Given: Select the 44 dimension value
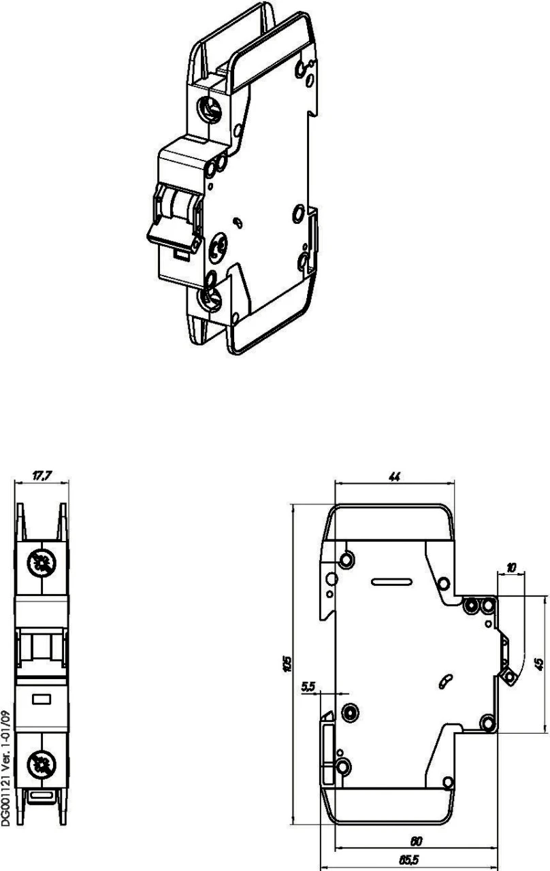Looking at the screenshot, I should point(393,477).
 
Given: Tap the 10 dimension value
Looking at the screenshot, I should point(511,567).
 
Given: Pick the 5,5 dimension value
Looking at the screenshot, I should point(308,687).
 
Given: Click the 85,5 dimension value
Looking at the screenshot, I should point(409,859).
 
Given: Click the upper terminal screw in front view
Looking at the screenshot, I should point(42,562).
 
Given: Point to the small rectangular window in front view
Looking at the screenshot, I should point(42,698).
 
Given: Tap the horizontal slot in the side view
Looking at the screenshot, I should point(392,582).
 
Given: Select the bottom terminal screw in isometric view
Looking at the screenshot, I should point(208,297).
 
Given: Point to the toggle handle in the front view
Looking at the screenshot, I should point(42,646).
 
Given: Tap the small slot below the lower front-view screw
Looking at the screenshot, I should point(42,794).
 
